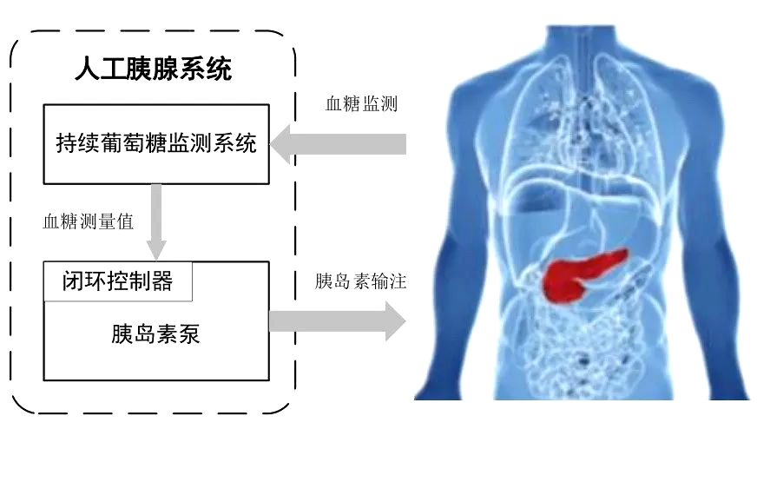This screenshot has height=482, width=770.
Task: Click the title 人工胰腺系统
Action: point(153,69)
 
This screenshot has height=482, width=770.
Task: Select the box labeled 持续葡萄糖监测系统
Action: point(156,144)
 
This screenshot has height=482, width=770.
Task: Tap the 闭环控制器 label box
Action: point(118,281)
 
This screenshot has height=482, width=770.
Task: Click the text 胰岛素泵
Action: point(155,334)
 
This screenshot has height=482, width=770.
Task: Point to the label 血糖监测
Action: point(361,103)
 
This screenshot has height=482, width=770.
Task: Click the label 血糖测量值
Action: point(89,221)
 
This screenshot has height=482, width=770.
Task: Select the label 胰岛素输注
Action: point(360,281)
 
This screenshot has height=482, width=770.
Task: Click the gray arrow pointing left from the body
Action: point(339,144)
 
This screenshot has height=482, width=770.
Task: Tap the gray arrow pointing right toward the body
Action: point(338,321)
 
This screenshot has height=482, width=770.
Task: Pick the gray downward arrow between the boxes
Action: point(156,222)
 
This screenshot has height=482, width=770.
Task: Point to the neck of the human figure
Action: point(581,44)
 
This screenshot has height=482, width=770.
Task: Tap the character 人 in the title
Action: point(88,69)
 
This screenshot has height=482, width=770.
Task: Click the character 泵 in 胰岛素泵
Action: point(189,334)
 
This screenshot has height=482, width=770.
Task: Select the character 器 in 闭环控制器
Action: point(161,281)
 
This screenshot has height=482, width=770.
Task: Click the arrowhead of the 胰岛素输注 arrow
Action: point(396,321)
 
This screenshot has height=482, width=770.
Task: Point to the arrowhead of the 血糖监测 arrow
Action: point(280,144)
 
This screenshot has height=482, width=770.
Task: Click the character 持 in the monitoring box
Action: point(67,143)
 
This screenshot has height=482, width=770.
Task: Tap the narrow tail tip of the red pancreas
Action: point(626,253)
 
